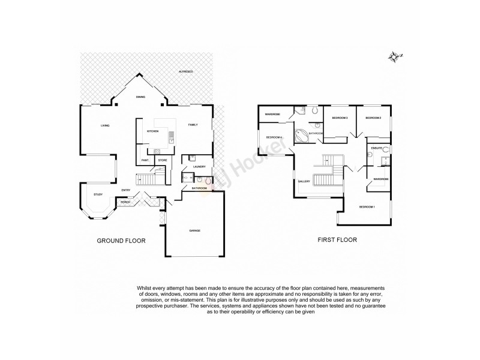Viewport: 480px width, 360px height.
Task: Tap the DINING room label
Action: (140, 97)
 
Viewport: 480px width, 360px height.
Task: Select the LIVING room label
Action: (105, 125)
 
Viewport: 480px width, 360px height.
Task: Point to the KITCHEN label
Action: (152, 131)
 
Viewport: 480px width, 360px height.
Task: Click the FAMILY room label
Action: (193, 125)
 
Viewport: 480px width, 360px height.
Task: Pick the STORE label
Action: (162, 160)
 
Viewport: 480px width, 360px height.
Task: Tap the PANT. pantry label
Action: (145, 160)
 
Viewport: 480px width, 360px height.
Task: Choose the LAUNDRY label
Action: (200, 166)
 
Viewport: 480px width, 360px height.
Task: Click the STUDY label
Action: (98, 194)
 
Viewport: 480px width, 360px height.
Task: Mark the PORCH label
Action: (125, 202)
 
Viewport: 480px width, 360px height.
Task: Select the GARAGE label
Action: (194, 230)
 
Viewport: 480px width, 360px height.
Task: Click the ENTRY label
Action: (126, 190)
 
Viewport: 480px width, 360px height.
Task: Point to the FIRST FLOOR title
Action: (337, 240)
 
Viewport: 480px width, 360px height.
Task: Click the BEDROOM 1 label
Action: (367, 207)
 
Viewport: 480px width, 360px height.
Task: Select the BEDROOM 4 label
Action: (274, 137)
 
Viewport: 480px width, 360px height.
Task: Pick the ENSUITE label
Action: (377, 148)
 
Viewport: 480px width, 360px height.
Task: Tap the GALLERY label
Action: (304, 182)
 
